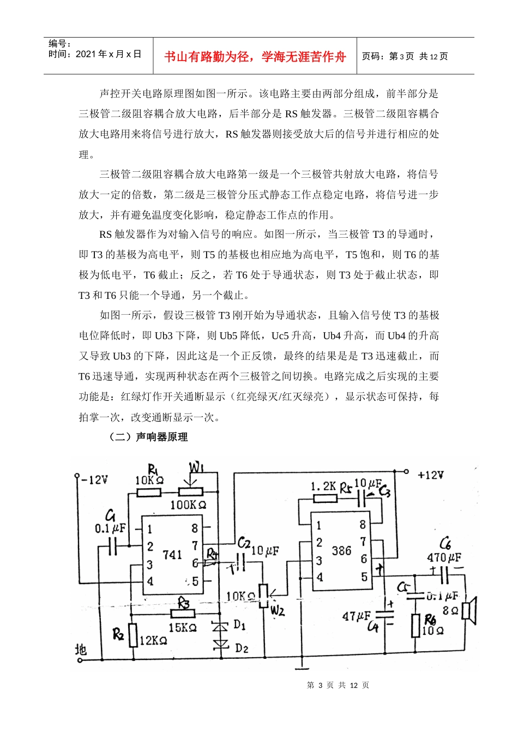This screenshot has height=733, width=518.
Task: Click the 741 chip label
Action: click(x=172, y=555)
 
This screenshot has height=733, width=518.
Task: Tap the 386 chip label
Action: click(x=341, y=550)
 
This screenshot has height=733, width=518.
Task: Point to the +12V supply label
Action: click(x=430, y=475)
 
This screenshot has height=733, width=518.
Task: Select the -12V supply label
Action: click(x=94, y=480)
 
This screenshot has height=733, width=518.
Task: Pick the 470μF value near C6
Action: click(x=443, y=557)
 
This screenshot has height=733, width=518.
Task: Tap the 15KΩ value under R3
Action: click(x=182, y=628)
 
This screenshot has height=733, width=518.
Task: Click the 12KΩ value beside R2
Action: click(x=153, y=640)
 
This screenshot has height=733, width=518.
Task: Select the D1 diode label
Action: click(x=240, y=625)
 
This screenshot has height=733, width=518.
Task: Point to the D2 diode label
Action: click(x=242, y=648)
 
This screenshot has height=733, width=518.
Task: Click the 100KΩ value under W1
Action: click(x=188, y=505)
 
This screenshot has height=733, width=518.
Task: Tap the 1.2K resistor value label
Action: click(x=324, y=486)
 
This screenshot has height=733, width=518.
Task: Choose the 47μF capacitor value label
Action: click(x=356, y=616)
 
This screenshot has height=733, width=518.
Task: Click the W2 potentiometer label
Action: click(x=278, y=610)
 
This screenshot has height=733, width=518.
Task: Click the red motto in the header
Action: click(x=255, y=57)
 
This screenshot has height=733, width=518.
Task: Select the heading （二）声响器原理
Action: click(x=148, y=437)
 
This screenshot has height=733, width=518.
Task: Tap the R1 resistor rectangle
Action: click(x=148, y=492)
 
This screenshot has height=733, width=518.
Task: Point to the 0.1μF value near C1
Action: click(x=110, y=528)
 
